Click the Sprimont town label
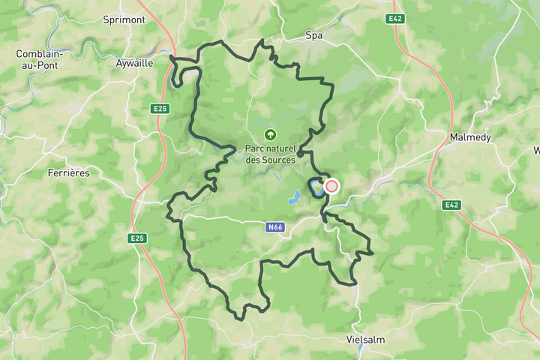pos(124,19)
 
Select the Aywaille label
pos(134,63)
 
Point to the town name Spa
pos(313,35)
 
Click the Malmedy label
pos(469,137)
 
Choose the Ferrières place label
pos(68,172)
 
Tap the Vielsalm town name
pos(365,339)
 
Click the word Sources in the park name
pos(279,159)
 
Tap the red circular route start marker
pos(331,186)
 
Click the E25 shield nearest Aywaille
pos(160,109)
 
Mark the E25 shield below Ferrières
pos(136,238)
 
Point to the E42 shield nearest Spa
pos(396,18)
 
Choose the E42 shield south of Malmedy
pos(451,205)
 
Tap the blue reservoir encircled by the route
pos(314,187)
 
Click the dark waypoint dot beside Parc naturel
pos(300,154)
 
